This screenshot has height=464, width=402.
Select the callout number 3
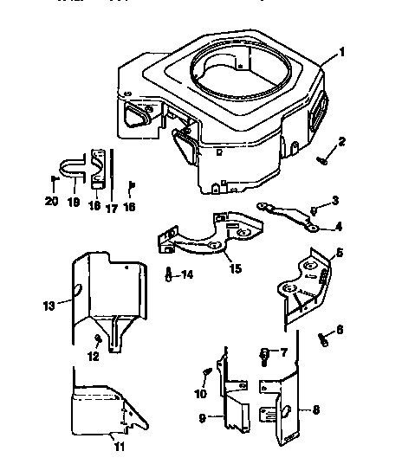(334, 201)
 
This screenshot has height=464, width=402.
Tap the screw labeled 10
(206, 373)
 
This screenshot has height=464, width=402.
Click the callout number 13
(48, 305)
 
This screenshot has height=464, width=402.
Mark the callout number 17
(111, 208)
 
